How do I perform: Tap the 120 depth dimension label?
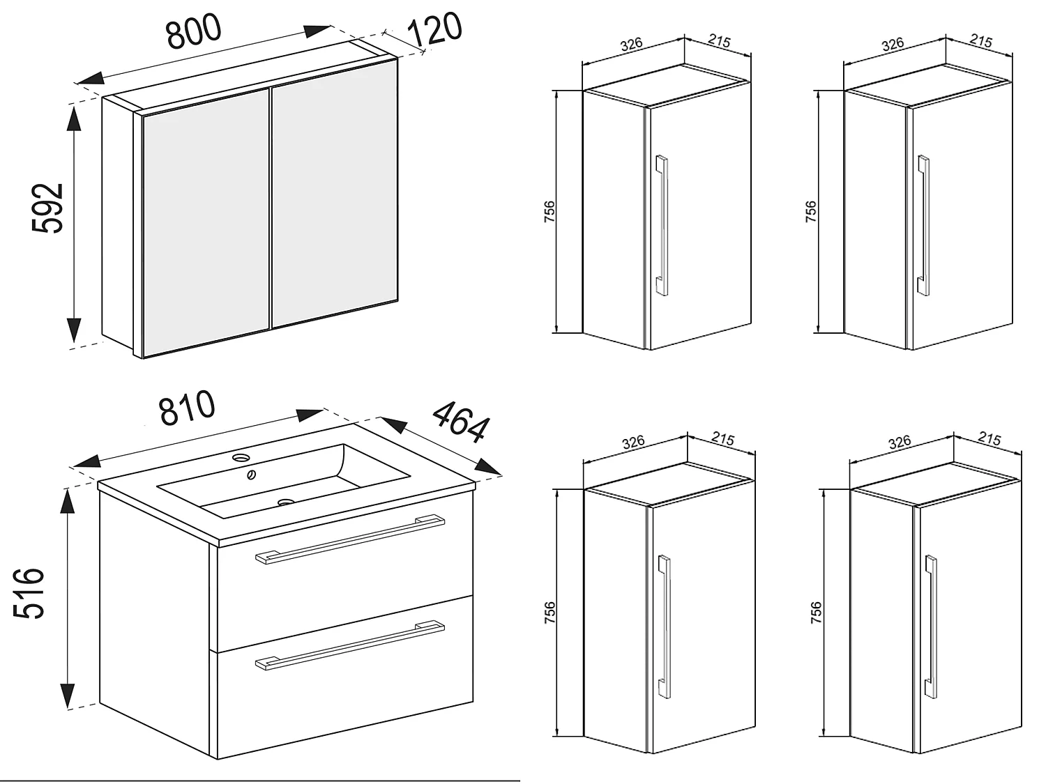(434, 31)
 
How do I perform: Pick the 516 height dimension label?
(30, 593)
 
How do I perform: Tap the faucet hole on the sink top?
(241, 458)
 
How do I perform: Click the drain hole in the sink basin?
(285, 502)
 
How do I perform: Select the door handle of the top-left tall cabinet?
(661, 225)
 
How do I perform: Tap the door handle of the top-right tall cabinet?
(923, 225)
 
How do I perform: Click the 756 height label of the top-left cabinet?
(549, 212)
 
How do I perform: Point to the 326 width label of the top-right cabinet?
(893, 45)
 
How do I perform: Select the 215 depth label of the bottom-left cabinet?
(723, 439)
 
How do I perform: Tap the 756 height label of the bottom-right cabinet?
(817, 612)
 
